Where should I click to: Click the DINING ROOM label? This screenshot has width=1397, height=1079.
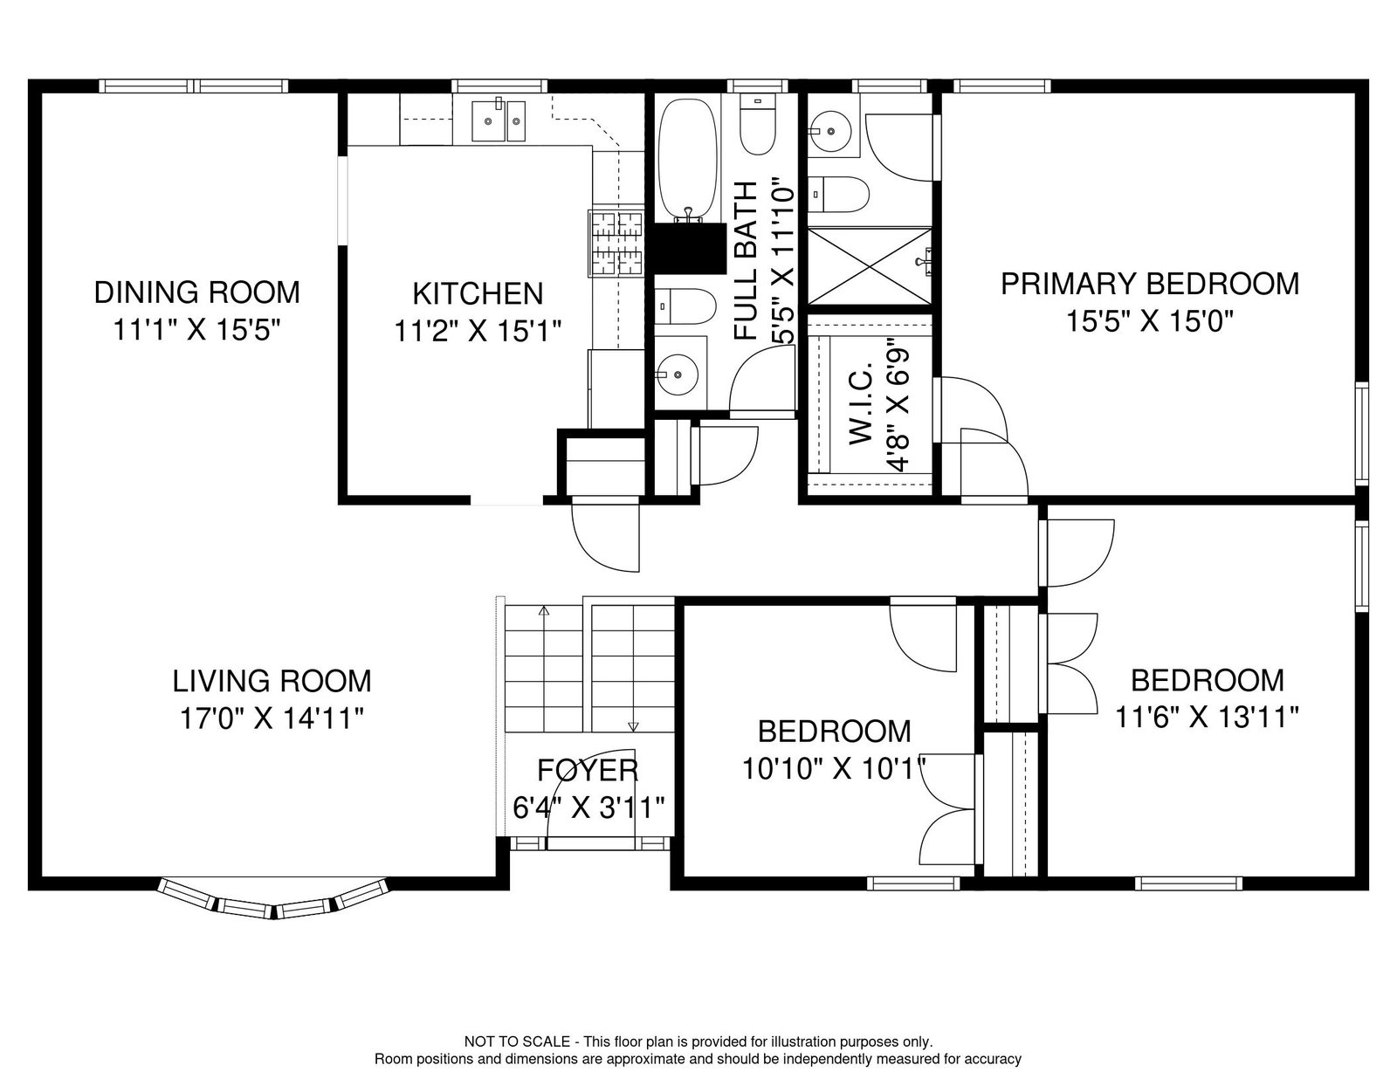pos(196,292)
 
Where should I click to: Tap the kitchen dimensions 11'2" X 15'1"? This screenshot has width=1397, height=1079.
pos(478,332)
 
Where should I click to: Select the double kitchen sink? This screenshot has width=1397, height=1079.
pos(499,120)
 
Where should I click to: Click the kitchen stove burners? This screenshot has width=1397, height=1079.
pos(616,244)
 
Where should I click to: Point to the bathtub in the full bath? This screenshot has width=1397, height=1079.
pos(687,160)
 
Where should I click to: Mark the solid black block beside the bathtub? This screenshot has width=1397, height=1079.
pos(690,249)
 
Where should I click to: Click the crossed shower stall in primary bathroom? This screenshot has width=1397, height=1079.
pos(869,266)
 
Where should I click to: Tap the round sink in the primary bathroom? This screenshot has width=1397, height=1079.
pos(830,131)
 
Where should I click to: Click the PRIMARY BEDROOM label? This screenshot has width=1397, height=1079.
pos(1150,284)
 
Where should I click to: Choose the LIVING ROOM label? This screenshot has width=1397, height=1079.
pos(272,681)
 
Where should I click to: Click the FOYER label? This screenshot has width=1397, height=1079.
pos(588,771)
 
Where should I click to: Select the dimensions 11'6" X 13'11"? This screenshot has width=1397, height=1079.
pos(1207,718)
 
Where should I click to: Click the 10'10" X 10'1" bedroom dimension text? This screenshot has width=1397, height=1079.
pos(835,768)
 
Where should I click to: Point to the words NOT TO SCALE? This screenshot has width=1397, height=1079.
pos(517,1041)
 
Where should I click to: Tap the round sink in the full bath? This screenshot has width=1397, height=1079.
pos(677,374)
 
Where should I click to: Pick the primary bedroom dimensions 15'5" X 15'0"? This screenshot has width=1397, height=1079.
pos(1150,320)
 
